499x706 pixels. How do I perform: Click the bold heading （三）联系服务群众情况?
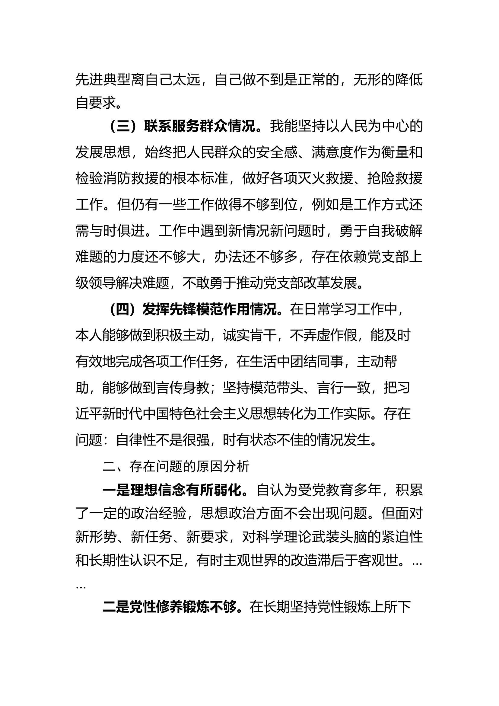tap(183, 126)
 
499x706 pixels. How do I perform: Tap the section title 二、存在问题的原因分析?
tap(176, 467)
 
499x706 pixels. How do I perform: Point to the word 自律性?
tap(135, 440)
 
